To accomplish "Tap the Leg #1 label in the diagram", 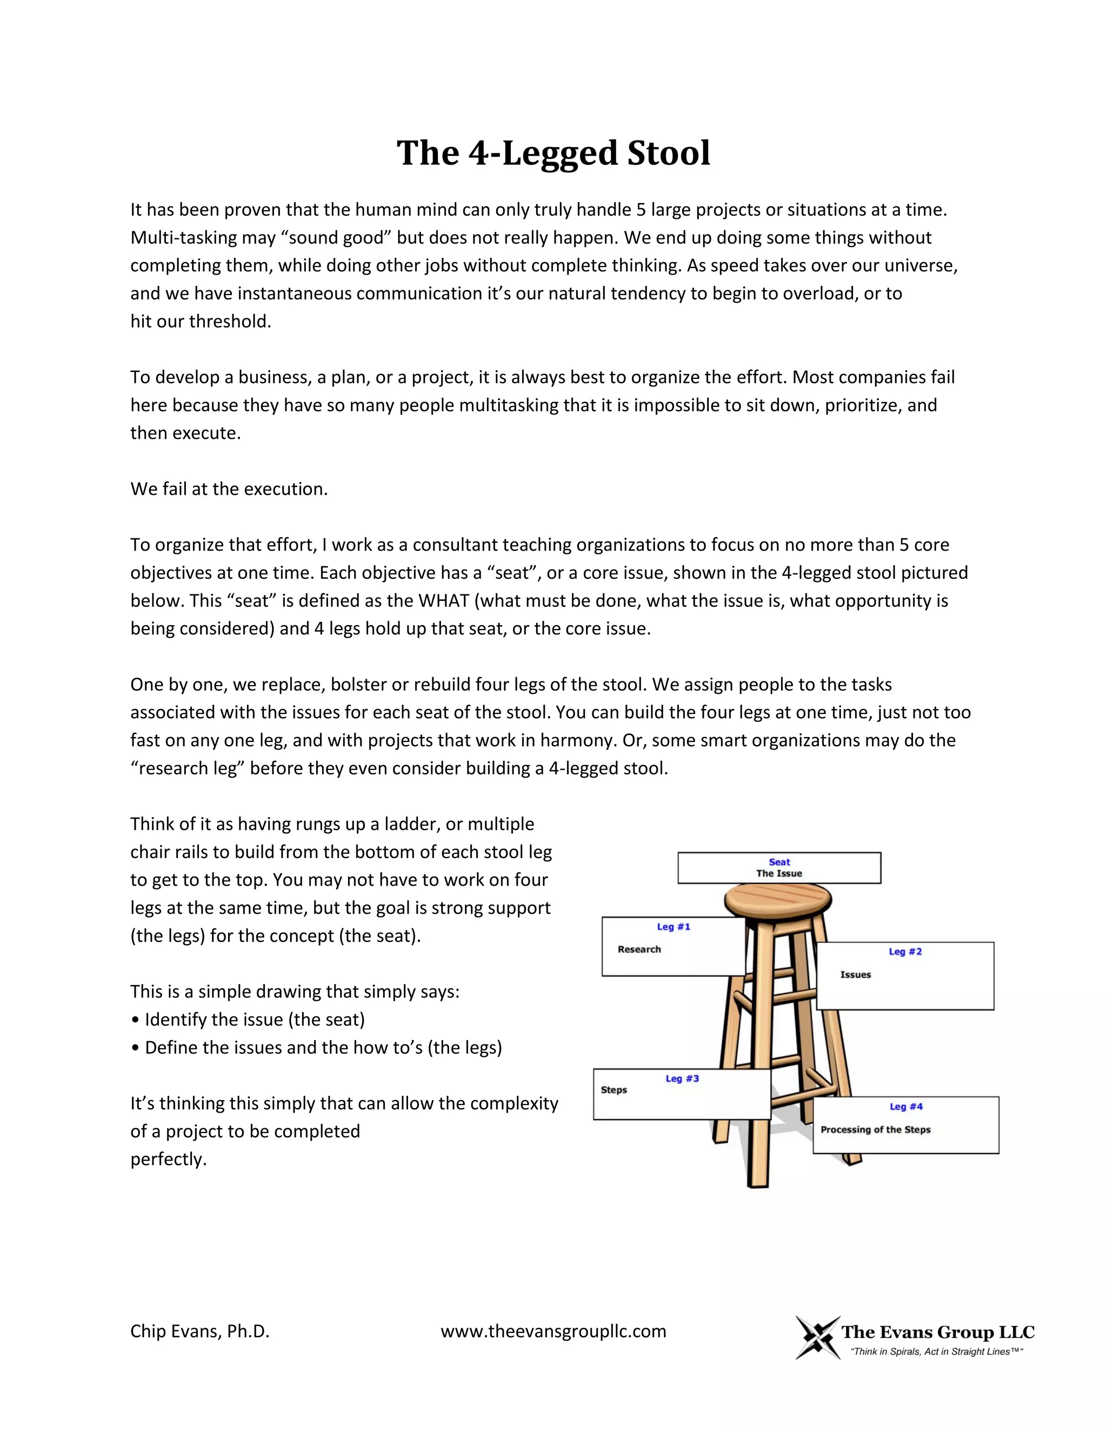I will [x=673, y=926].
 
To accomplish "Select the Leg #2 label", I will [x=905, y=952].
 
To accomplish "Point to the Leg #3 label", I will [x=682, y=1079].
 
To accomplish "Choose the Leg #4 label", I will [x=906, y=1106].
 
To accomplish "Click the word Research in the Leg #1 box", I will [x=639, y=949].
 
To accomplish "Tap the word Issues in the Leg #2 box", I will [x=855, y=974].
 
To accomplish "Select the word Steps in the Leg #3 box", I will [x=614, y=1090].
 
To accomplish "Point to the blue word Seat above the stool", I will [x=779, y=861].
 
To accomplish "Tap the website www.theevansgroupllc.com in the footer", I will [x=553, y=1331].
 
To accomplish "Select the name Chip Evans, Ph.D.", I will [x=200, y=1331].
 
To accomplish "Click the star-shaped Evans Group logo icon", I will [x=817, y=1337].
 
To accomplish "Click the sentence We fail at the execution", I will [x=229, y=489].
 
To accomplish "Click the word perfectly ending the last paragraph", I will [x=168, y=1159].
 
